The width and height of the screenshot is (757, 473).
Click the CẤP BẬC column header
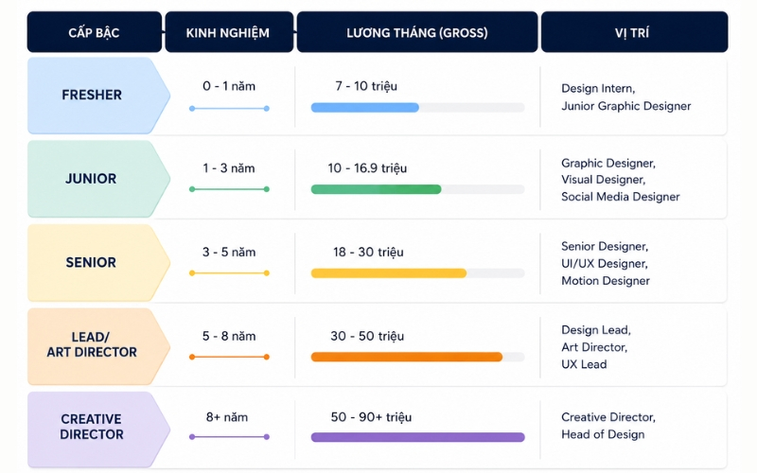point(94,32)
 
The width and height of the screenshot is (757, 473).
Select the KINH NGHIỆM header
point(229,32)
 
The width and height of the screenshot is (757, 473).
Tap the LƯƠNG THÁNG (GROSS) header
point(417,32)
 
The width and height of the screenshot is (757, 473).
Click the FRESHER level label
point(92,95)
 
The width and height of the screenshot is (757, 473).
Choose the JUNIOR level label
point(91,179)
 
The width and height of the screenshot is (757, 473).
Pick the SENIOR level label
point(91,262)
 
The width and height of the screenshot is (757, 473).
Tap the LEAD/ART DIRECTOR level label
point(92,344)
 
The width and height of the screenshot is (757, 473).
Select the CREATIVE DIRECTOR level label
point(91,427)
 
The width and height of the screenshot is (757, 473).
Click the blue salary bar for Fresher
point(365,108)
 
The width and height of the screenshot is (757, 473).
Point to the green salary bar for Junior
point(376,189)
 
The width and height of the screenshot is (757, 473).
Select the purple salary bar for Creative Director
point(417,437)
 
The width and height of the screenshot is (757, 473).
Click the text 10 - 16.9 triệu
point(367,168)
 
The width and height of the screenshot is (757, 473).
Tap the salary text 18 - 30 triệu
point(368,252)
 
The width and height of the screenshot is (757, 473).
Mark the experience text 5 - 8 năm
point(229,336)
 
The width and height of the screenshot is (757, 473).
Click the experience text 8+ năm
point(227,417)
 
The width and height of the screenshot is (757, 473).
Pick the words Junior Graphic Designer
point(626,106)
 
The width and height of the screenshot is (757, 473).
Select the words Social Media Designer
point(621,197)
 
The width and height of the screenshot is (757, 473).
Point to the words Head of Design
point(603,434)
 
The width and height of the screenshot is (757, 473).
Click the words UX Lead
point(584,364)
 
